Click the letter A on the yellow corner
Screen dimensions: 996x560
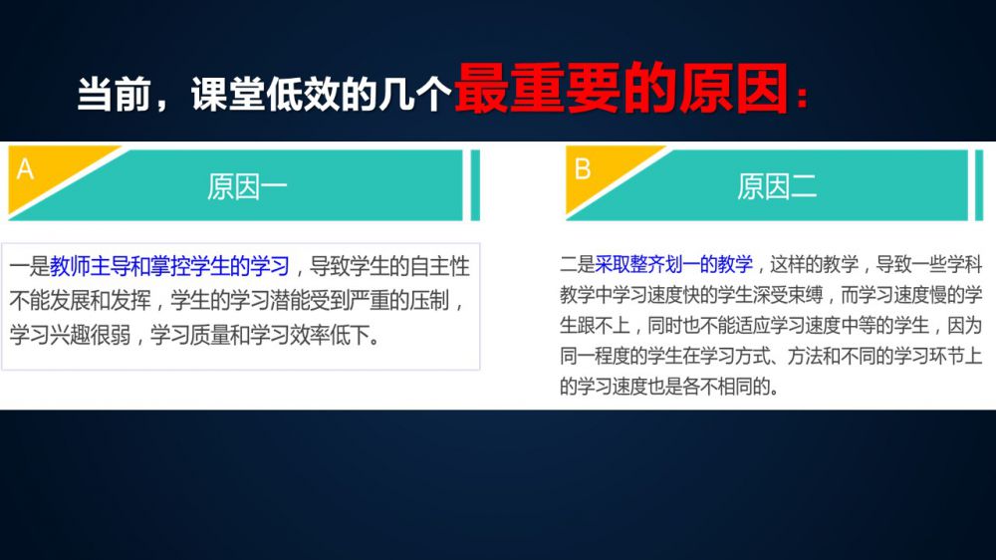click(25, 169)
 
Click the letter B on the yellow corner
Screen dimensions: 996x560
click(583, 169)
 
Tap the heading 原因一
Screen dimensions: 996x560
click(247, 187)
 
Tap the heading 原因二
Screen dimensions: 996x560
click(777, 187)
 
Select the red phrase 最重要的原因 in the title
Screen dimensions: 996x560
click(622, 89)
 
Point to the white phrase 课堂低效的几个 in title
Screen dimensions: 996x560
click(321, 95)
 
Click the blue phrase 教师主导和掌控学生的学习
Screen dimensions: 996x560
click(169, 266)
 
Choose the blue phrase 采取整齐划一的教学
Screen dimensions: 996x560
click(674, 264)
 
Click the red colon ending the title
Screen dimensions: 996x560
click(802, 98)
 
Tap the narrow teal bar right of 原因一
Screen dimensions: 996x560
click(475, 185)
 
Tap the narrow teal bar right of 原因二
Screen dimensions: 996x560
click(979, 185)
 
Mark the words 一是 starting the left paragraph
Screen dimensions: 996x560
click(29, 266)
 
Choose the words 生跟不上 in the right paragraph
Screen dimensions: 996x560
click(595, 326)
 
